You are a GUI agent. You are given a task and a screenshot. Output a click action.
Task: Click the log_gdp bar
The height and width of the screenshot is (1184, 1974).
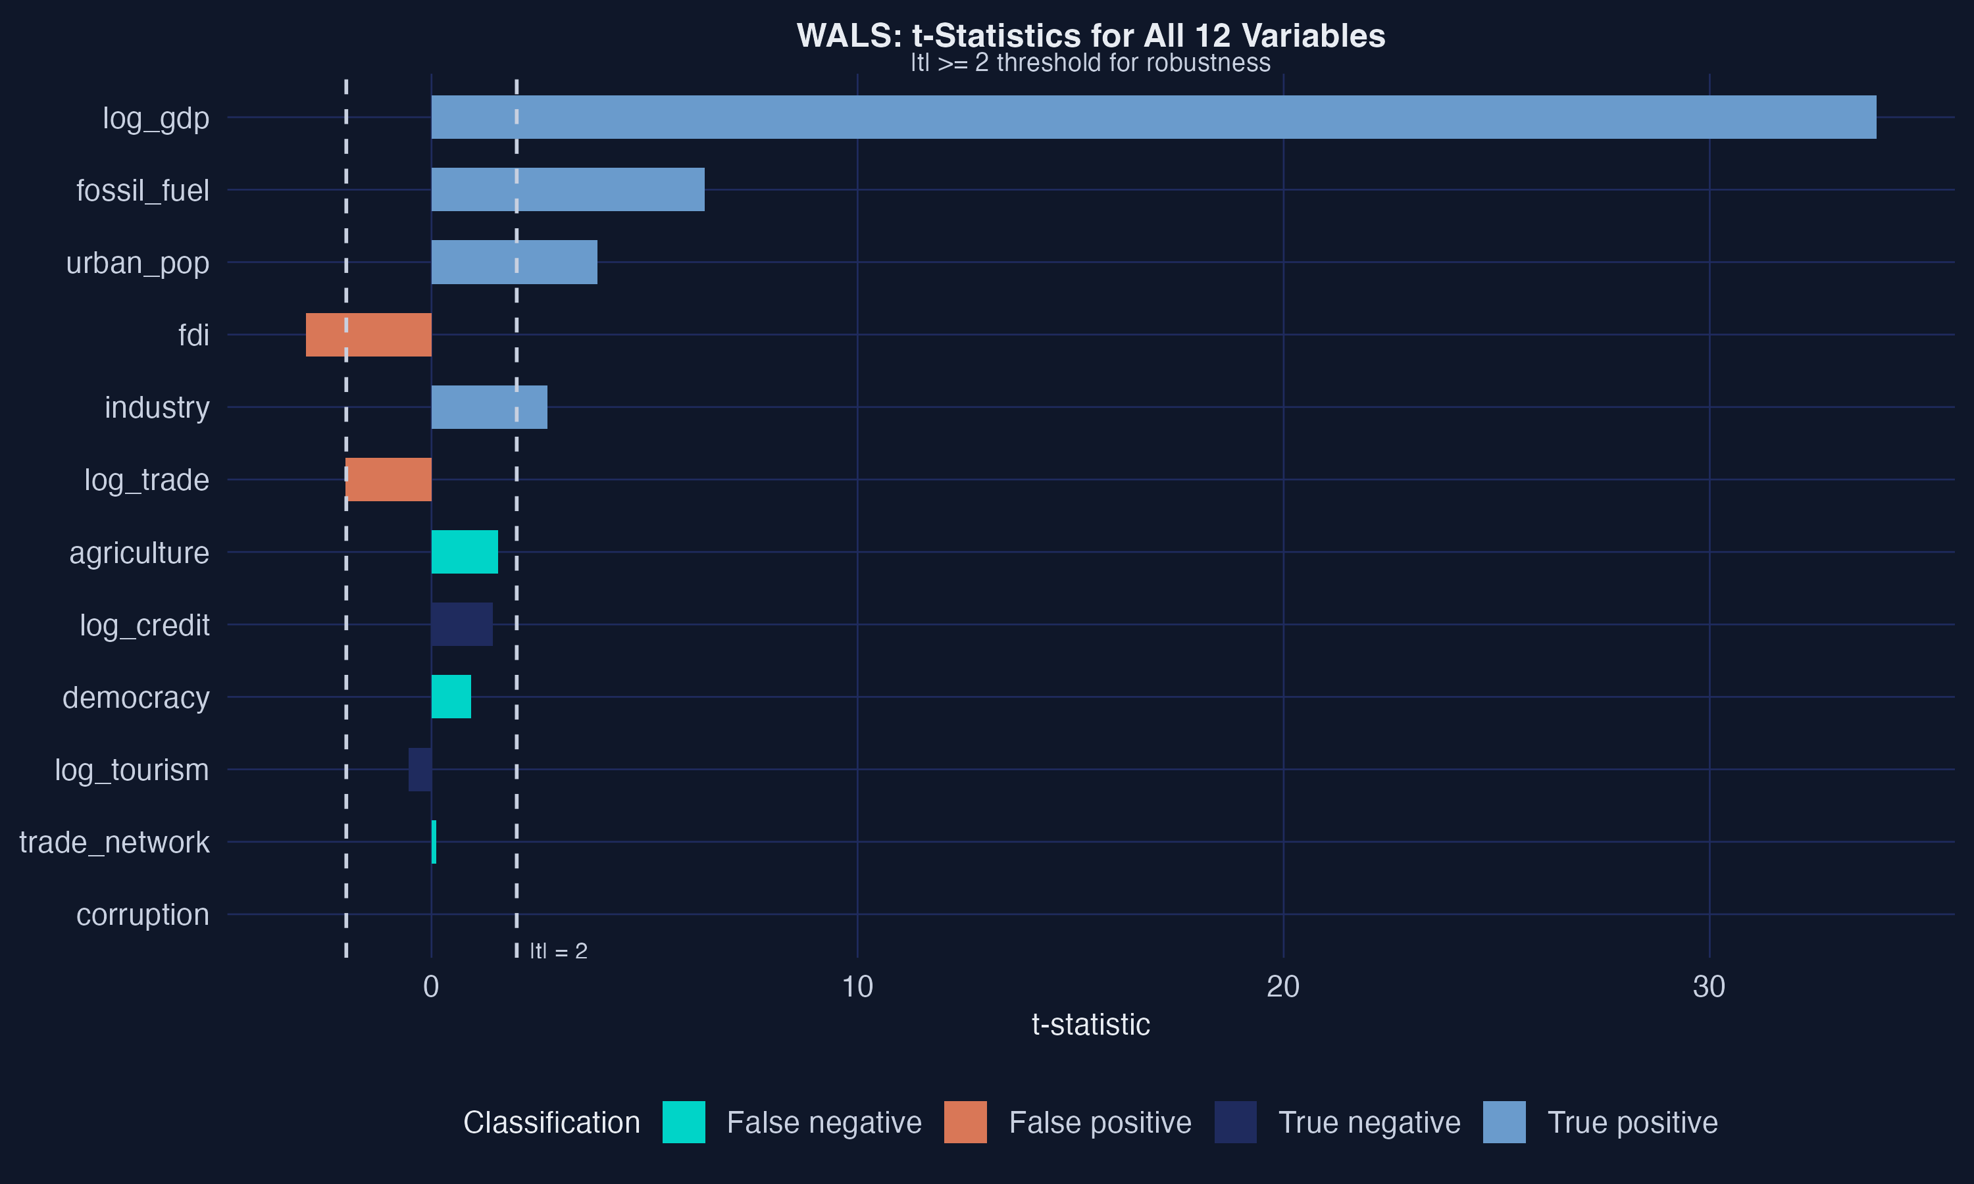coord(1153,117)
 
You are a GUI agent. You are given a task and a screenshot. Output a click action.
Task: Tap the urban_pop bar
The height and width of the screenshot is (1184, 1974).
coord(514,262)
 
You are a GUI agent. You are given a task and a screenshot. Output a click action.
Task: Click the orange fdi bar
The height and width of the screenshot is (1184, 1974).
coord(368,334)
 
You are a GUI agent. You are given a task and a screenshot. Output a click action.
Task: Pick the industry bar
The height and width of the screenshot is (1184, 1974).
coord(489,407)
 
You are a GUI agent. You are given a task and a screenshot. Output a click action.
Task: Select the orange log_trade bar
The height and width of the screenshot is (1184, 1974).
coord(389,480)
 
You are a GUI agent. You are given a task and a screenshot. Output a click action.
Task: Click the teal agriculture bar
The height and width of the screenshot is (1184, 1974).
coord(465,552)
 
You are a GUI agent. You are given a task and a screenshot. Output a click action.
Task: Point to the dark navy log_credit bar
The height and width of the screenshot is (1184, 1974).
coord(462,624)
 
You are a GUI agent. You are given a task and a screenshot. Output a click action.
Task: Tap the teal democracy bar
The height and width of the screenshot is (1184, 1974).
coord(451,697)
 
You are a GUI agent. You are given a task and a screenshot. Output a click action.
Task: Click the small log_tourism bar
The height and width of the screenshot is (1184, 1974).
coord(420,769)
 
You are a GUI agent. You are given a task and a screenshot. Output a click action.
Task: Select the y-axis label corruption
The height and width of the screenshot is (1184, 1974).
coord(143,914)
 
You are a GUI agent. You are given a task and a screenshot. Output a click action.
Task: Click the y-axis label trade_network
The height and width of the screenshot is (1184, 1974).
coord(114,842)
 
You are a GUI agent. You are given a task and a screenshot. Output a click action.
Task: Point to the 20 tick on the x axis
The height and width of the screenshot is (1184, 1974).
coord(1283,987)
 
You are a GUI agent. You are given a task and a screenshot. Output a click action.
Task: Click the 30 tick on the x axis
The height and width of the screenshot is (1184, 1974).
coord(1709,987)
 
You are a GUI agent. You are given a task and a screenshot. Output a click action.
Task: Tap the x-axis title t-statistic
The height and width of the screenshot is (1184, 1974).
coord(1091,1024)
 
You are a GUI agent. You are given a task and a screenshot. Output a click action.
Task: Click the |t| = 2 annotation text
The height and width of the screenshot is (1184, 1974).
coord(559,951)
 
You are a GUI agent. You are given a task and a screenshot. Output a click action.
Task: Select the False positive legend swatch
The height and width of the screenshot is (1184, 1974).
coord(965,1122)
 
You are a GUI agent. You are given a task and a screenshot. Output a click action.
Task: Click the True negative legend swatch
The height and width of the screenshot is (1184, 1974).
coord(1235,1122)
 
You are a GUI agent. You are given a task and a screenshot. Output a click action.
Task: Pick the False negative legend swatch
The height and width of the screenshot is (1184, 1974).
coord(684,1122)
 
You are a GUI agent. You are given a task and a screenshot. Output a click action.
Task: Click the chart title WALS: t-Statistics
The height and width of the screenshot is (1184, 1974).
coord(1091,36)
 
